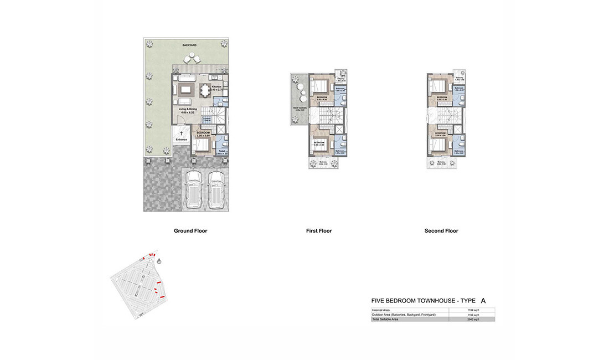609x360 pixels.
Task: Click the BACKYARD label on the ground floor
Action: (190, 44)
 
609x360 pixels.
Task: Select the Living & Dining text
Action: (188, 110)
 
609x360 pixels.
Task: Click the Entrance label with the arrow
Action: (181, 139)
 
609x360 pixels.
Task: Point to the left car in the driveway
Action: (195, 189)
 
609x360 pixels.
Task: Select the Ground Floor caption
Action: (190, 231)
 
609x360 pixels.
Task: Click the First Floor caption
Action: (318, 231)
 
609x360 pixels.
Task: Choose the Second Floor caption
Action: (441, 231)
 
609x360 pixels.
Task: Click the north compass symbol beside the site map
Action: (159, 261)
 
